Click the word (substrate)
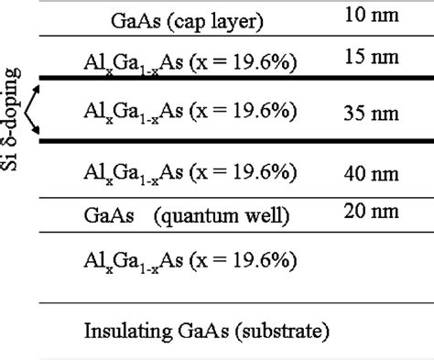[x=285, y=329]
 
